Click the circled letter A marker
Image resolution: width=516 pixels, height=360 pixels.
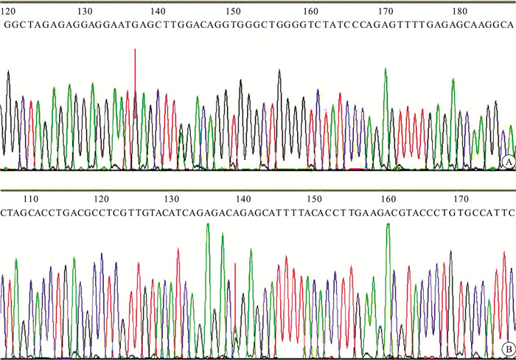506,161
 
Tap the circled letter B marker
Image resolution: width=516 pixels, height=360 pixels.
506,348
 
